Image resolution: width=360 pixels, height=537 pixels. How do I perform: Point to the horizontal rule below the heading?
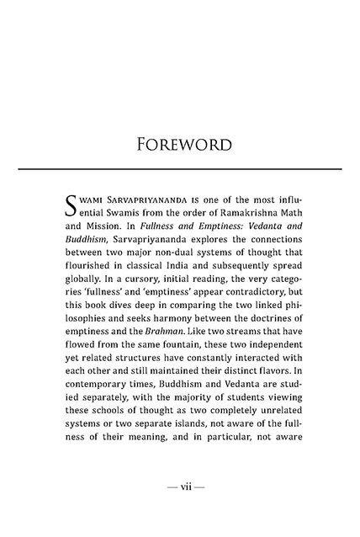[x=179, y=169]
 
